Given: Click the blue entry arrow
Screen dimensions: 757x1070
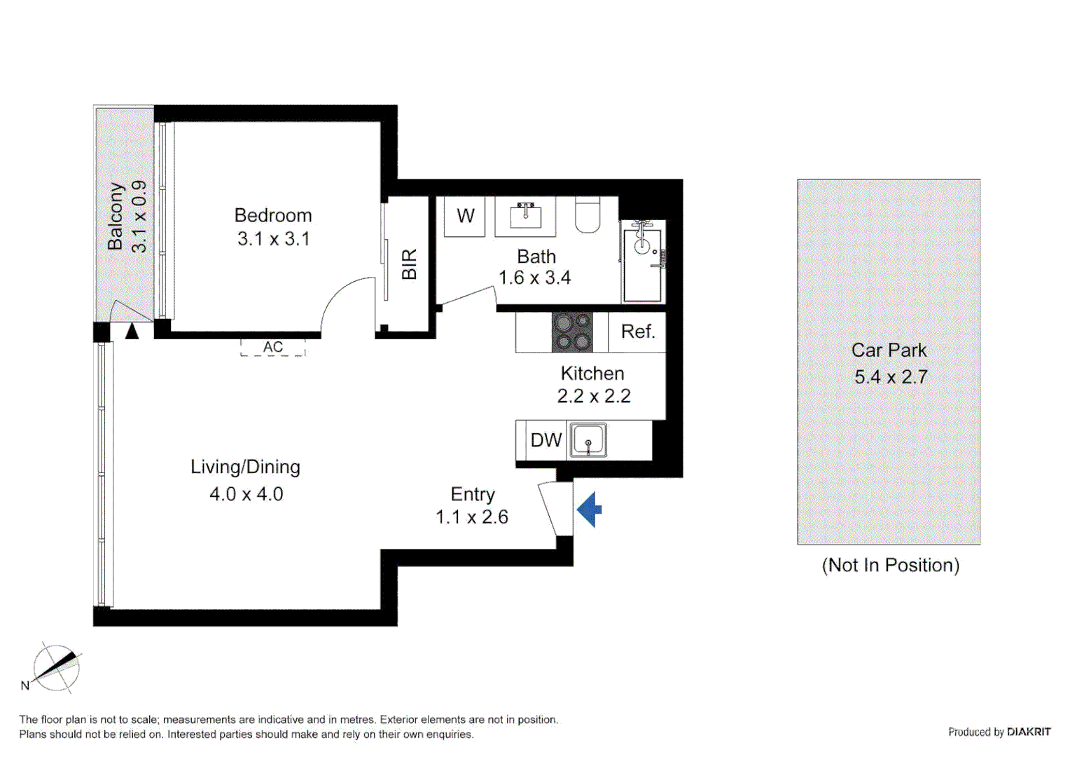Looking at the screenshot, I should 589,510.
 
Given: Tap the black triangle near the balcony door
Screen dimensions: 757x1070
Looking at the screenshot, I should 132,331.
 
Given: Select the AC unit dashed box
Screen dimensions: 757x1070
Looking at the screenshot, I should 273,347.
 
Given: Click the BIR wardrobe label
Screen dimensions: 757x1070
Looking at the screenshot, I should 409,264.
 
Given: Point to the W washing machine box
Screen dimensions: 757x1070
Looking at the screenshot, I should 465,216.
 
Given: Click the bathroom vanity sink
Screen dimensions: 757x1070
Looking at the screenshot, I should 525,216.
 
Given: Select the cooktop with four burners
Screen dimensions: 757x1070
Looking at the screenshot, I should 572,332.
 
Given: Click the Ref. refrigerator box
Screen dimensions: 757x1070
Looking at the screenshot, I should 637,332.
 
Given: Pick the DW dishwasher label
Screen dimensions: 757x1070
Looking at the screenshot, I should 546,440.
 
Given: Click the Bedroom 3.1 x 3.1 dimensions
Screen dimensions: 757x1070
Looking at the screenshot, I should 273,239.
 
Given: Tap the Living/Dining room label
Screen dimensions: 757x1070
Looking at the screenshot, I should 245,467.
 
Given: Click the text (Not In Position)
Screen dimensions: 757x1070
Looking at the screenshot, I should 890,565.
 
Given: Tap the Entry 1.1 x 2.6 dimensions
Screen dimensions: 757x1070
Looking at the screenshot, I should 471,517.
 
